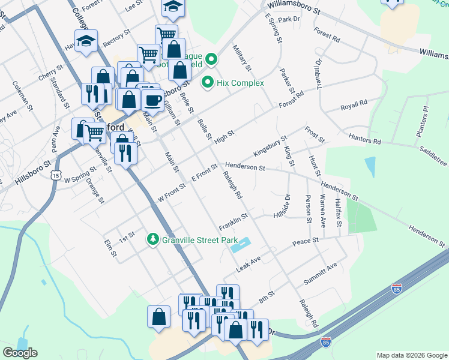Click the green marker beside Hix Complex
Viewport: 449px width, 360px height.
(x=208, y=82)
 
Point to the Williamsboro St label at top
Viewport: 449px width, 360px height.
(x=295, y=7)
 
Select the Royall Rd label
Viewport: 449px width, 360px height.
(x=354, y=106)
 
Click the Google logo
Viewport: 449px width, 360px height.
(x=20, y=353)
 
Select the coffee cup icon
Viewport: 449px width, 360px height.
(x=152, y=100)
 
